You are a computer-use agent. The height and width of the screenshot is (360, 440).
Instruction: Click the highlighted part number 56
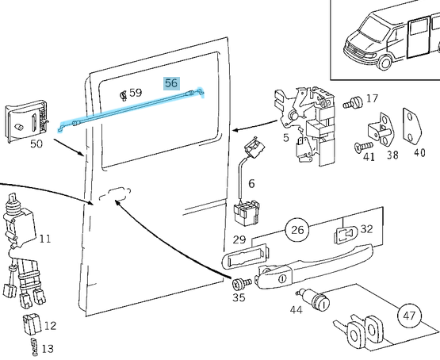click(x=171, y=83)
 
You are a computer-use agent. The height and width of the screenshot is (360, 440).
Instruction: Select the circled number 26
click(x=297, y=230)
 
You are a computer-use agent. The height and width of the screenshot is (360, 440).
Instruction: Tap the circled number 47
click(x=409, y=316)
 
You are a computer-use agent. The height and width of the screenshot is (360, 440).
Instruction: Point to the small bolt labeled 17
click(x=353, y=103)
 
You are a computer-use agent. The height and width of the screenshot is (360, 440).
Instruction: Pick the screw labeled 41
click(x=364, y=147)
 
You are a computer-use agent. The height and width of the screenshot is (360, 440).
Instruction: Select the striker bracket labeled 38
click(x=381, y=129)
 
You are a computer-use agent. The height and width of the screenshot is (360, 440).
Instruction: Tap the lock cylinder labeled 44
click(x=314, y=300)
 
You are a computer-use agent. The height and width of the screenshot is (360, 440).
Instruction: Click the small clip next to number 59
click(x=123, y=95)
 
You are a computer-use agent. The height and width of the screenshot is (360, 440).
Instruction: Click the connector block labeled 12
click(x=32, y=324)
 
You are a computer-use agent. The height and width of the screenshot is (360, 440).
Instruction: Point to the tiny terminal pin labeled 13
click(x=34, y=347)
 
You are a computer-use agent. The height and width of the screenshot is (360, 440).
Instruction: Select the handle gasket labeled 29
click(x=246, y=256)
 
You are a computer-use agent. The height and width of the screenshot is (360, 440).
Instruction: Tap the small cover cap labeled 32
click(x=346, y=235)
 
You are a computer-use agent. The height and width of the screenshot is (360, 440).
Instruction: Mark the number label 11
click(x=45, y=239)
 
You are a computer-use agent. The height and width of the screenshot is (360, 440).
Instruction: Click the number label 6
click(x=251, y=184)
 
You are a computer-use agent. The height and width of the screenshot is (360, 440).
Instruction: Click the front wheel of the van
click(x=385, y=62)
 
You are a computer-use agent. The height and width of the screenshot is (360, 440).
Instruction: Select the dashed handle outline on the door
click(x=115, y=194)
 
